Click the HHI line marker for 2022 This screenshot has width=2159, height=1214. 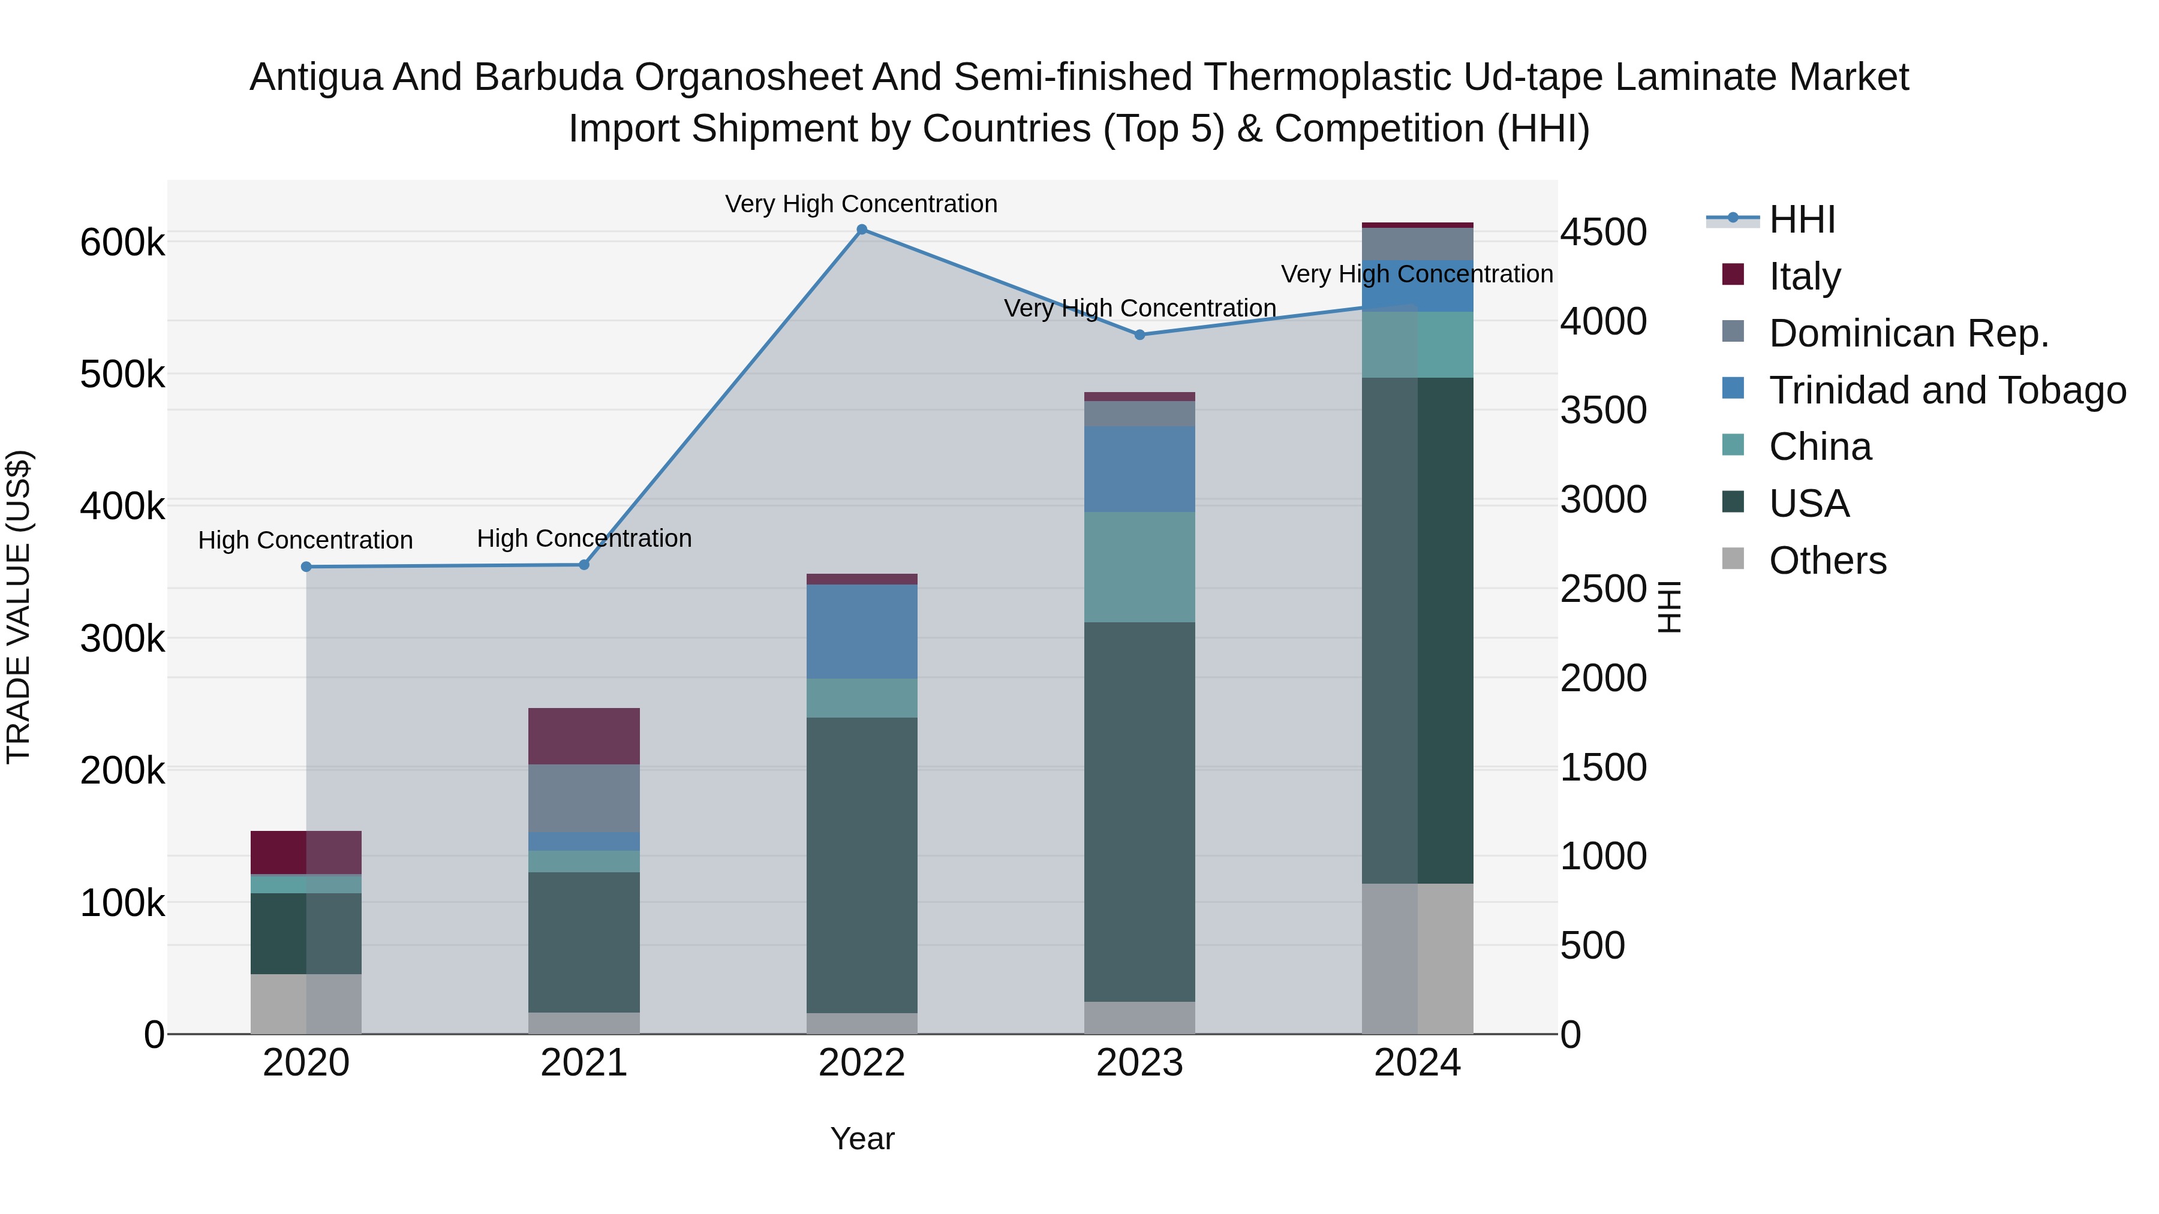point(862,230)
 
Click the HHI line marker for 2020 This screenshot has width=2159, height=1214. point(306,567)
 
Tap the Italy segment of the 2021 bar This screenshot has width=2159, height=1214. point(584,736)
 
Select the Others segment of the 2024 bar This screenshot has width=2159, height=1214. point(1417,959)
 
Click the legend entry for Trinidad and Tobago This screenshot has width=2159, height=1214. point(1947,390)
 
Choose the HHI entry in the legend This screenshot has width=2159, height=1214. point(1802,219)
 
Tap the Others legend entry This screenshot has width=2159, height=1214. point(1827,561)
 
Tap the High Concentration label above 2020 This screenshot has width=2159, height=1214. point(305,540)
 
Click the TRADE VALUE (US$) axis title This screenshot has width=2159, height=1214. point(19,607)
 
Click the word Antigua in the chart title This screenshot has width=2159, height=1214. point(315,77)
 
